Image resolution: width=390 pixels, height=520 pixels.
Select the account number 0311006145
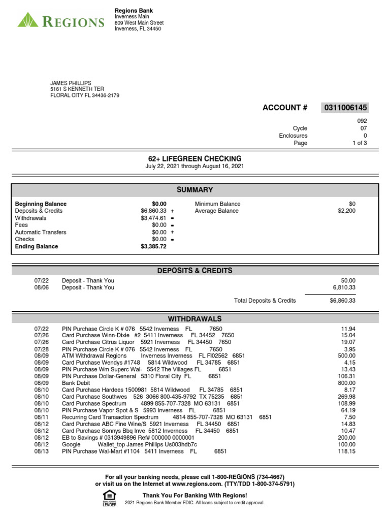point(345,108)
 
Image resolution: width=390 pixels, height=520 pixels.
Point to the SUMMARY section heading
point(194,190)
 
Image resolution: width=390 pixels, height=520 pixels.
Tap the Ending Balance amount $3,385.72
point(153,246)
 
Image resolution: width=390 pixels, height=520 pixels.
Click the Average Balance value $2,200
point(347,211)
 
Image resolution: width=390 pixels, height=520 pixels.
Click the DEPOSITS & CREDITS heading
point(194,271)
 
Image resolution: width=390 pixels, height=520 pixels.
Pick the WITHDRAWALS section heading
point(194,319)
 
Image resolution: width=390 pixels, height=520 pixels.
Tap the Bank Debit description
point(76,383)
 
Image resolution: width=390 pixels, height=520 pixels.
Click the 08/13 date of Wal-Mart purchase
point(42,451)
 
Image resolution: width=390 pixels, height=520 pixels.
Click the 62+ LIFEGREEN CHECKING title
point(194,159)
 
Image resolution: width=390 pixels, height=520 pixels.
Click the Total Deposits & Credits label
point(265,301)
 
